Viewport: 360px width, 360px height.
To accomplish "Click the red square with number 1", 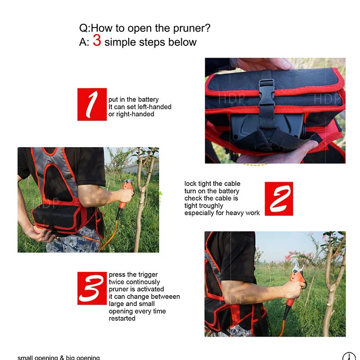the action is [x=92, y=104].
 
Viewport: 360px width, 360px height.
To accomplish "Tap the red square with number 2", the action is [x=279, y=199].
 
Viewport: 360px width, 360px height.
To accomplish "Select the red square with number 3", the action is [x=92, y=288].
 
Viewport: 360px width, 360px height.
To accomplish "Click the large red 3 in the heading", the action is [x=97, y=40].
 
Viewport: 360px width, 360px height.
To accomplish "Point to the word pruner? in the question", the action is [x=192, y=28].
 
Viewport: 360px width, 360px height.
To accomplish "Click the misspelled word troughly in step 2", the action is [x=211, y=206].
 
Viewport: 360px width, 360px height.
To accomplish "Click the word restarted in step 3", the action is [x=122, y=319].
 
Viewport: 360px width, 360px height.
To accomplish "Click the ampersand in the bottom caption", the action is [x=62, y=357].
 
